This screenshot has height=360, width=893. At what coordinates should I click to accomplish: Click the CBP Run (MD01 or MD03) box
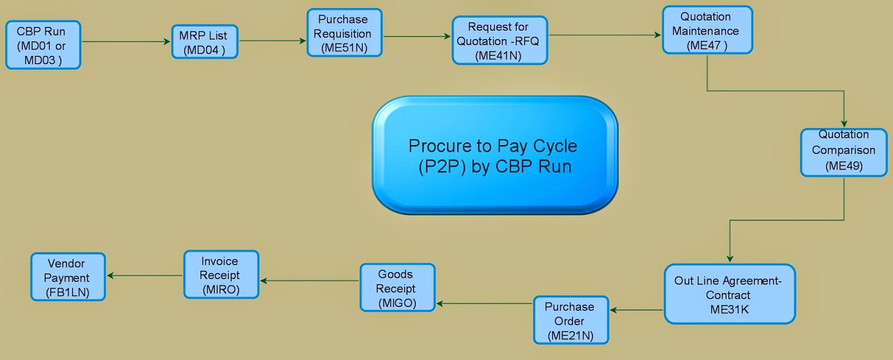(x=43, y=45)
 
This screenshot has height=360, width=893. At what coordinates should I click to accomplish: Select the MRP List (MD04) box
(x=205, y=42)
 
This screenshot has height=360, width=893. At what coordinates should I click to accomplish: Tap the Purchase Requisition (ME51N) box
(x=344, y=33)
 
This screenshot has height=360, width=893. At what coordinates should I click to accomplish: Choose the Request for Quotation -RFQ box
(x=500, y=41)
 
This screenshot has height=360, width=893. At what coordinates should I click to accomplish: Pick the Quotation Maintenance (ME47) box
(x=707, y=31)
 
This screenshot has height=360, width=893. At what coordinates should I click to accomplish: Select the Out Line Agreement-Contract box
(x=729, y=294)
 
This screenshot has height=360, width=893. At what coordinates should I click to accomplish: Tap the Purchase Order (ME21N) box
(x=570, y=320)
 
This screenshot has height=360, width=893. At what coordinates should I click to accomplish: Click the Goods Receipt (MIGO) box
(x=397, y=288)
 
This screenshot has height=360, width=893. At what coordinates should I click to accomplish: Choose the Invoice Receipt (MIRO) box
(x=221, y=275)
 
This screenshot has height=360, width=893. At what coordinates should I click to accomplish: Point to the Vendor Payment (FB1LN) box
(x=68, y=277)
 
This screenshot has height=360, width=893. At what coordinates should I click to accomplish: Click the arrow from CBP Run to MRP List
(x=126, y=41)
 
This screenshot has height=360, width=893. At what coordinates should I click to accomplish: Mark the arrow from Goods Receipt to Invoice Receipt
(x=310, y=281)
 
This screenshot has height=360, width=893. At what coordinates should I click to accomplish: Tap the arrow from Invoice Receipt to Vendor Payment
(x=145, y=275)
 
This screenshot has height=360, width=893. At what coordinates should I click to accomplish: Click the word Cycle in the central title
(x=555, y=146)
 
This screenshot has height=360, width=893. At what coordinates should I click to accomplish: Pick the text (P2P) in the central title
(x=442, y=166)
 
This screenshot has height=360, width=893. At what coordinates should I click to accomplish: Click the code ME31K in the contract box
(x=729, y=310)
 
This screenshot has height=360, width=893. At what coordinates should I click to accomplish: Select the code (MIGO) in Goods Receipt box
(x=397, y=303)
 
